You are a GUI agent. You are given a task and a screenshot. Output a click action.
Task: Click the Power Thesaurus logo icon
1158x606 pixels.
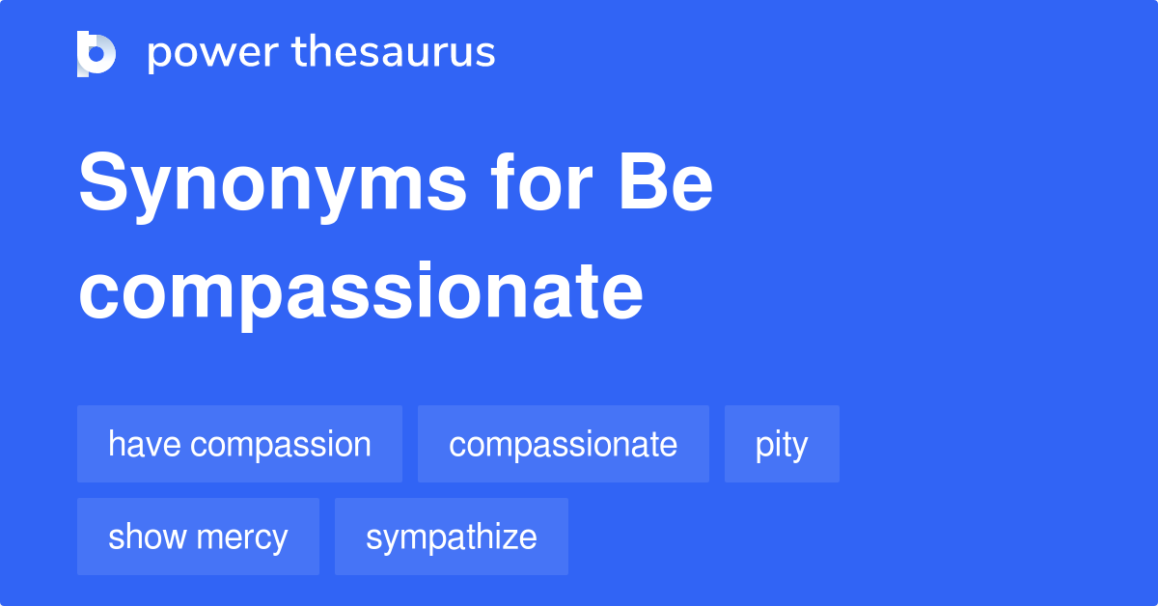pyautogui.click(x=96, y=53)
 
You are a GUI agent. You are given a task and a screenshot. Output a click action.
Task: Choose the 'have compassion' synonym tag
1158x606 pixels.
pyautogui.click(x=239, y=444)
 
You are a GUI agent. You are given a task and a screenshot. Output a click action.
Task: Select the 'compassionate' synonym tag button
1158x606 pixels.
pyautogui.click(x=564, y=444)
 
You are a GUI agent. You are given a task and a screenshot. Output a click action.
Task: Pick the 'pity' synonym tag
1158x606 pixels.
pyautogui.click(x=782, y=444)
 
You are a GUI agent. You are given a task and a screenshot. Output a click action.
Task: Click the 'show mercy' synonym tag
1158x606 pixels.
pyautogui.click(x=198, y=537)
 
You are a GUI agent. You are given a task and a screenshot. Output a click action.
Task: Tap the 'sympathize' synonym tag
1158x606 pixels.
pyautogui.click(x=452, y=537)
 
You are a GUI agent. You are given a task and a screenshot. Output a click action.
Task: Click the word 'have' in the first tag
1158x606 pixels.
pyautogui.click(x=145, y=444)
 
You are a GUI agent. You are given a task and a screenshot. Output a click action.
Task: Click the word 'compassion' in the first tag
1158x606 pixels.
pyautogui.click(x=281, y=444)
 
